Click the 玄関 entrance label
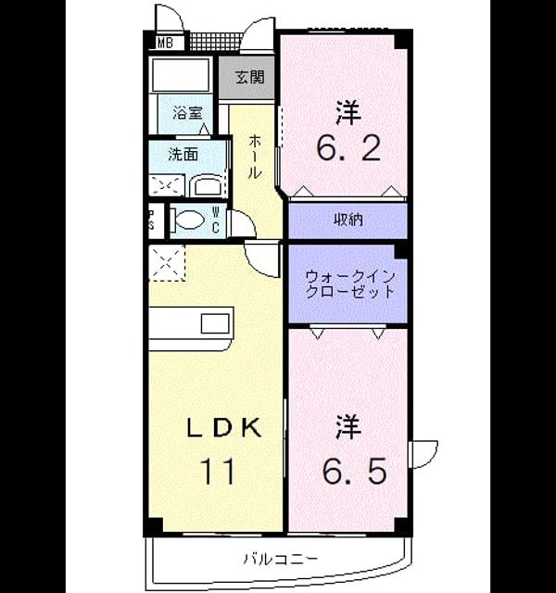click(x=249, y=77)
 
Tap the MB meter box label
click(x=165, y=43)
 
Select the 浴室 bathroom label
click(x=187, y=113)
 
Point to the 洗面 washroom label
click(x=183, y=155)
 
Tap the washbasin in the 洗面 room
click(x=207, y=185)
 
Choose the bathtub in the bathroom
click(x=181, y=75)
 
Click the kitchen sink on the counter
click(x=215, y=323)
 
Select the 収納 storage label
click(x=348, y=220)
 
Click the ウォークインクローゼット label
click(x=349, y=284)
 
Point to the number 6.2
click(x=348, y=148)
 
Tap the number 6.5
click(x=354, y=471)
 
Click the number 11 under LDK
click(x=219, y=472)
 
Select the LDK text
click(x=224, y=428)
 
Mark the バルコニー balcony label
click(x=280, y=559)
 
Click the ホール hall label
click(x=255, y=156)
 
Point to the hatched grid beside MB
click(x=214, y=42)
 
